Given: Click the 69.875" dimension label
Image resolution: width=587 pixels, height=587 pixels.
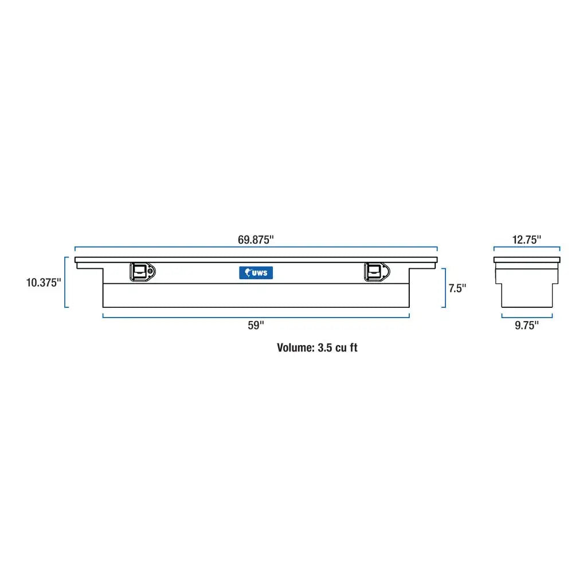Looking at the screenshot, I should coord(256,240).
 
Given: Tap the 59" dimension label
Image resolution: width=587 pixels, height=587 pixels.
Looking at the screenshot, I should coord(256,326).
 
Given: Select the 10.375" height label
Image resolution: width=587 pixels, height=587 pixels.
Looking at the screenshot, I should coord(43,283).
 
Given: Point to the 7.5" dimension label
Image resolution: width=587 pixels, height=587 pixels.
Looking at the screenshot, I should coord(457,288).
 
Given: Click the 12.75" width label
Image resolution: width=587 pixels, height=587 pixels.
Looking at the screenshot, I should coord(526,240).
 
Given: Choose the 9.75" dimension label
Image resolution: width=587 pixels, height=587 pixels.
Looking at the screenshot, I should coord(526,326).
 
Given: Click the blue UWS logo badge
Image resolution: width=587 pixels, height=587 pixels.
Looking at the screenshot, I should coord(256,273).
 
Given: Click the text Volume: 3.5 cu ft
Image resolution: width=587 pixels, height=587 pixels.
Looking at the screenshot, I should coord(317,347).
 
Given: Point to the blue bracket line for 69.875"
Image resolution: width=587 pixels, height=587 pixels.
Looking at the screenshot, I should coord(256,248).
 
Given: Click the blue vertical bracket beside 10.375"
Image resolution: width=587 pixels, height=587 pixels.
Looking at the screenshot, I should coord(66,282).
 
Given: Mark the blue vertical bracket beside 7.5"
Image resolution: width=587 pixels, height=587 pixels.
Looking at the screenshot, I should coord(444,288).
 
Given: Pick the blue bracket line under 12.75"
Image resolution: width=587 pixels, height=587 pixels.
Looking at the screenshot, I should coord(526,248).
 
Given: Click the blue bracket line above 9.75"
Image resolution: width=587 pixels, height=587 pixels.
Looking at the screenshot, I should coord(526,316).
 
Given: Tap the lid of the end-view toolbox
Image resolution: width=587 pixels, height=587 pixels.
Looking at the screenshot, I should coord(526,260).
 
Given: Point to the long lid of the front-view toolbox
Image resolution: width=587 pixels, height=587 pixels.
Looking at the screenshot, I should coord(256,260).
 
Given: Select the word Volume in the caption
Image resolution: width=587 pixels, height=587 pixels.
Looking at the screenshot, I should coord(295,347).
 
